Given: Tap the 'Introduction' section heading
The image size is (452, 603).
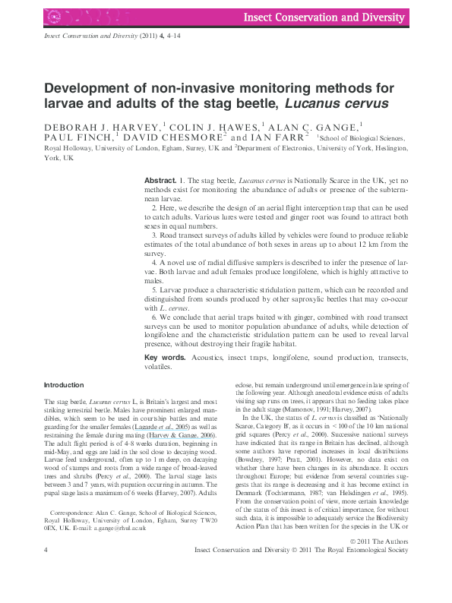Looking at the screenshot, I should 64,385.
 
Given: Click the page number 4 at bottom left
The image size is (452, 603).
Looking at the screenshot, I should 47,570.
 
